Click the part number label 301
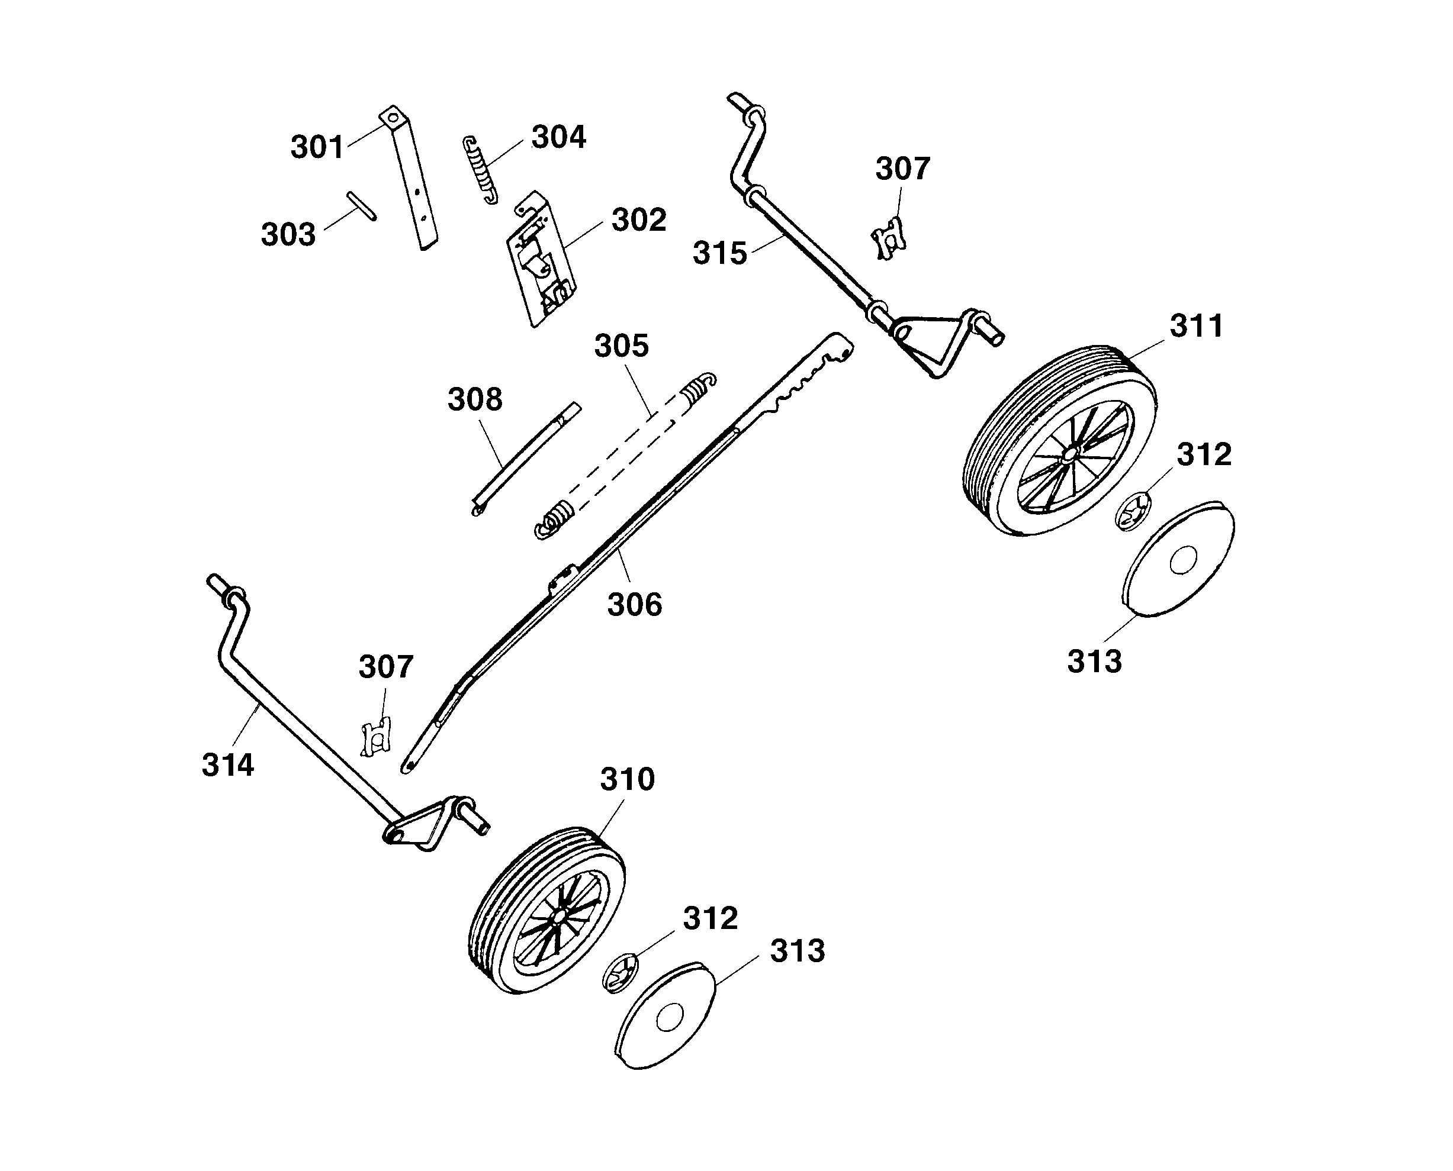(x=317, y=147)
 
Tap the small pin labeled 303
(x=362, y=206)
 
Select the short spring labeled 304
(x=480, y=170)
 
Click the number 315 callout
(x=719, y=254)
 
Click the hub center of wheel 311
(x=1068, y=453)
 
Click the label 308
(x=474, y=400)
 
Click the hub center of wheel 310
(x=560, y=917)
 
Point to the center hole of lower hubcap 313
(x=670, y=1018)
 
